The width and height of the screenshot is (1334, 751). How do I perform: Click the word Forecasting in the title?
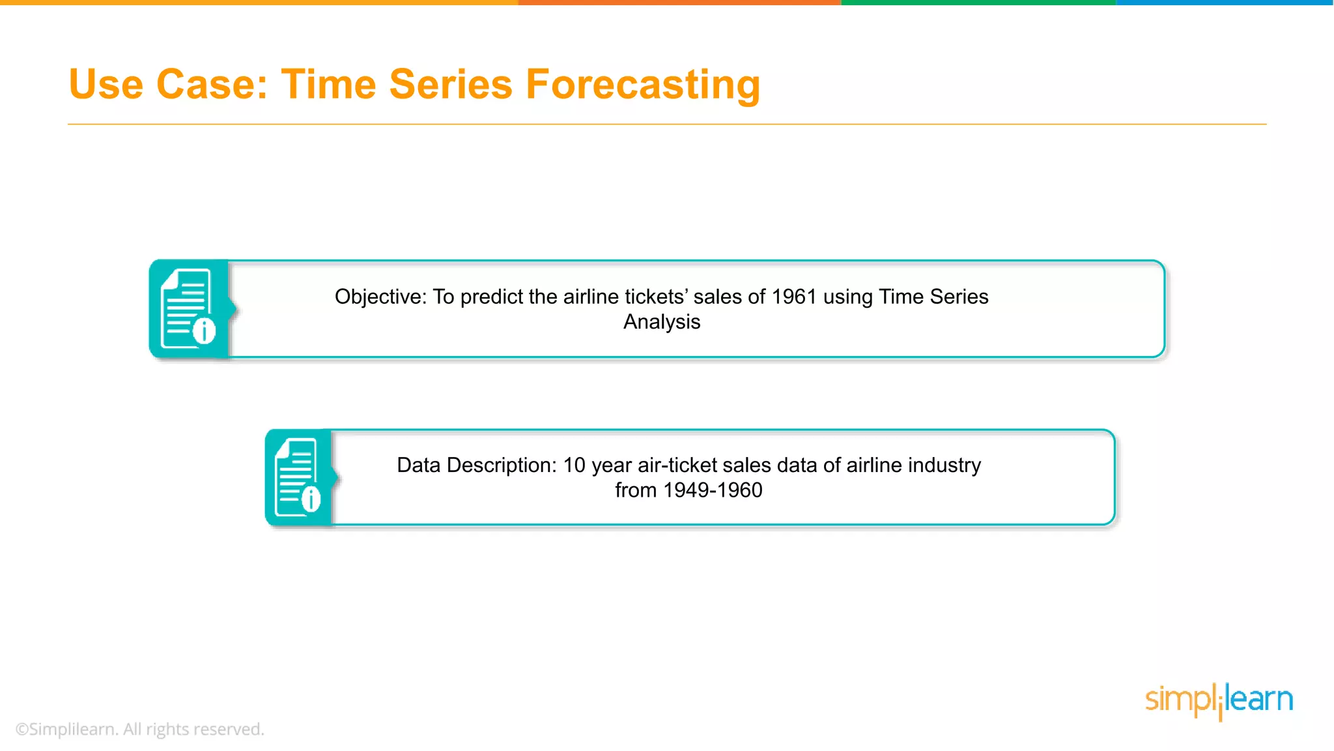pos(642,85)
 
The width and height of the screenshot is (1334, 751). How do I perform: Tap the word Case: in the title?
pos(212,85)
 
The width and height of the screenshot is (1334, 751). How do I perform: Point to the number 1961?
pos(794,297)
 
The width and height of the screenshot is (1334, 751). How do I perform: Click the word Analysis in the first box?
pos(662,322)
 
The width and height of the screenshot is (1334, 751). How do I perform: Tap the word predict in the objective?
pos(491,297)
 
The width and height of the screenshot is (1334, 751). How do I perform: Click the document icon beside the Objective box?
pos(188,309)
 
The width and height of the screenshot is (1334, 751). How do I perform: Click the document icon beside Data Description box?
pos(298,477)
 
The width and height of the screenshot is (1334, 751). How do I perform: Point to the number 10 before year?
pos(574,465)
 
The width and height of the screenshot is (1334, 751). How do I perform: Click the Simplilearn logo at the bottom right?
pos(1219,700)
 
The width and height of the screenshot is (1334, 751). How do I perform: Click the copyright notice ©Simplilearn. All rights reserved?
pos(139,729)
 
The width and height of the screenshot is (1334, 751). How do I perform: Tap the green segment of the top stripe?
pos(978,3)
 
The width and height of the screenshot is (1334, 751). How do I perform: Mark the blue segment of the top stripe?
pos(1225,3)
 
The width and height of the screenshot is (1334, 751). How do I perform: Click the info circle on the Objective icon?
pos(205,331)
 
